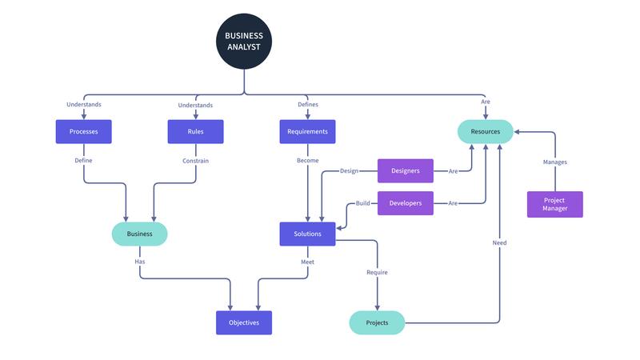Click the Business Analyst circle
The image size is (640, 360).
(244, 41)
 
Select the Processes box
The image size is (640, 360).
(83, 132)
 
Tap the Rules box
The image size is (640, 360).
(195, 132)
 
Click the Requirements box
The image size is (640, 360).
(307, 132)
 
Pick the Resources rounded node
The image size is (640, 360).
(485, 132)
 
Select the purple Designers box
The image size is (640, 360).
(405, 170)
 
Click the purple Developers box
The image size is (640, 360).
(405, 203)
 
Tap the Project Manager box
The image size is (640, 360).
(554, 204)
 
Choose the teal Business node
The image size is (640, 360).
(139, 234)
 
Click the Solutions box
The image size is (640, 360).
(307, 234)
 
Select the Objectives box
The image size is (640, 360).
(244, 322)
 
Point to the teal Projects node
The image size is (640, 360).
(377, 322)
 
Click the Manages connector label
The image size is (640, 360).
(554, 162)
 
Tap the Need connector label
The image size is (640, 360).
(499, 242)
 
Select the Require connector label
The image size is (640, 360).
(377, 273)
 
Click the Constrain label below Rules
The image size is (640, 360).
(195, 161)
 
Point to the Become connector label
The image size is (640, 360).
(307, 161)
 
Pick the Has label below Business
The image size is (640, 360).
(139, 262)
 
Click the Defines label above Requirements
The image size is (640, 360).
(307, 105)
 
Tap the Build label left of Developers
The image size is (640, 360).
(363, 203)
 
